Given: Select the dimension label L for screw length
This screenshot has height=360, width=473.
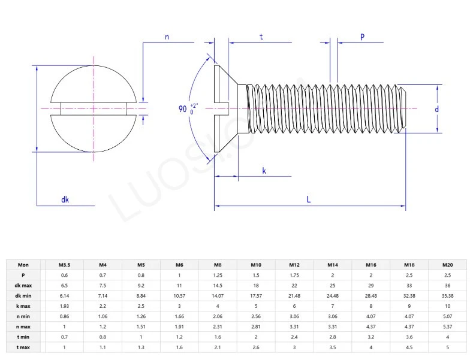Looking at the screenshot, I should click(x=309, y=199).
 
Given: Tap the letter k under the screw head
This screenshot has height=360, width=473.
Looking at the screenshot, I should click(x=264, y=171).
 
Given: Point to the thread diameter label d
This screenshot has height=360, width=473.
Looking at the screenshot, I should click(x=437, y=109).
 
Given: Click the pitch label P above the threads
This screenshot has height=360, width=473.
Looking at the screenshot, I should click(x=363, y=37).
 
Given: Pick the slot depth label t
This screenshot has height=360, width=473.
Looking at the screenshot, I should click(x=261, y=37).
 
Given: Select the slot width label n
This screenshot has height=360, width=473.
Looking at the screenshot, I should click(x=167, y=37).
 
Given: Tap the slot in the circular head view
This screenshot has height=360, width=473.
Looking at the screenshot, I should click(x=94, y=108).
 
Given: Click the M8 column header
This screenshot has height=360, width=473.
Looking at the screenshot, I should click(x=218, y=264).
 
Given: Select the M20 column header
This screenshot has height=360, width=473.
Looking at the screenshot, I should click(x=447, y=264).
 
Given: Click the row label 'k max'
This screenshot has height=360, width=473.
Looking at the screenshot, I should click(x=23, y=305).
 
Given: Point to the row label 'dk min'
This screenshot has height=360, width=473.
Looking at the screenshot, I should click(x=23, y=295).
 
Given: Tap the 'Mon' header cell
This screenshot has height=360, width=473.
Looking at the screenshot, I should click(x=23, y=264).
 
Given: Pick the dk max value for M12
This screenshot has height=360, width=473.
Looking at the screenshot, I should click(x=294, y=285).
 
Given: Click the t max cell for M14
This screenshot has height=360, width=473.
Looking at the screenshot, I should click(x=332, y=347).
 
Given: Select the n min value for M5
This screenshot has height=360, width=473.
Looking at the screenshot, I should click(x=141, y=316).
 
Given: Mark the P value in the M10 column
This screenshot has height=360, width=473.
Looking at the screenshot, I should click(x=256, y=274).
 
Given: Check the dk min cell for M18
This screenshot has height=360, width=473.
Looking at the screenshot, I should click(x=409, y=295).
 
